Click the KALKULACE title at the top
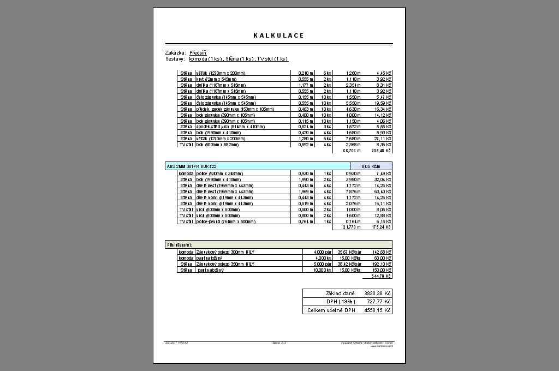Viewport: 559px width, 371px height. coord(278,35)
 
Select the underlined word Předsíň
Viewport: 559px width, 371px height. coord(198,52)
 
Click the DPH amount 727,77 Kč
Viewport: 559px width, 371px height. coord(380,301)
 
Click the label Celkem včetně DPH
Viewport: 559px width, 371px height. coord(331,310)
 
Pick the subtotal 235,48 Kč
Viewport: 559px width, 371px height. coord(382,151)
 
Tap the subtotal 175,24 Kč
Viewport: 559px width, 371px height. coord(382,227)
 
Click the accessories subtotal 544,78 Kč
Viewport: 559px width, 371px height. coord(382,276)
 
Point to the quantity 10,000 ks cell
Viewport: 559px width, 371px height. coord(323,270)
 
